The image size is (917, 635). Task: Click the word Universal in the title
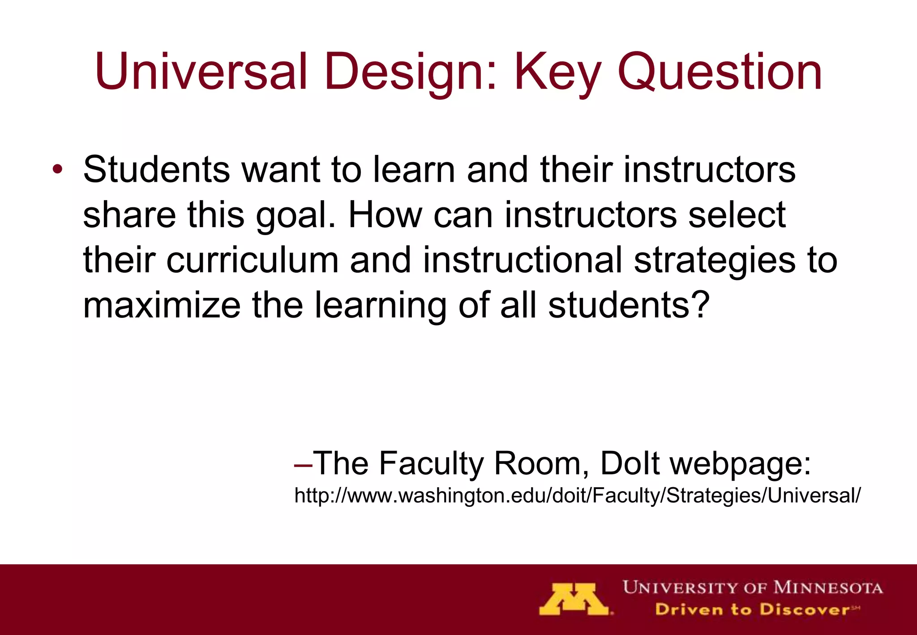point(201,72)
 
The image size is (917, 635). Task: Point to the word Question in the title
point(720,72)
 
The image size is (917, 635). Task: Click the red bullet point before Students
point(57,170)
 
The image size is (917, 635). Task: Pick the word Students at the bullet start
point(156,170)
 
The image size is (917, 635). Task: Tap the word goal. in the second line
point(296,215)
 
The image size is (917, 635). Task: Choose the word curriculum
point(253,260)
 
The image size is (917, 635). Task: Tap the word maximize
point(162,305)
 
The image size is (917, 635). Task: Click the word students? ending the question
point(629,305)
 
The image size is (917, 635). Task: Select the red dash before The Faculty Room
point(303,464)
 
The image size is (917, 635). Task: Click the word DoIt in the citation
point(630,463)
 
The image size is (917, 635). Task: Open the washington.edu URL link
point(577,496)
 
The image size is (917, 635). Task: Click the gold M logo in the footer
point(574,599)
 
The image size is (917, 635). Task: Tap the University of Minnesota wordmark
point(753,587)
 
